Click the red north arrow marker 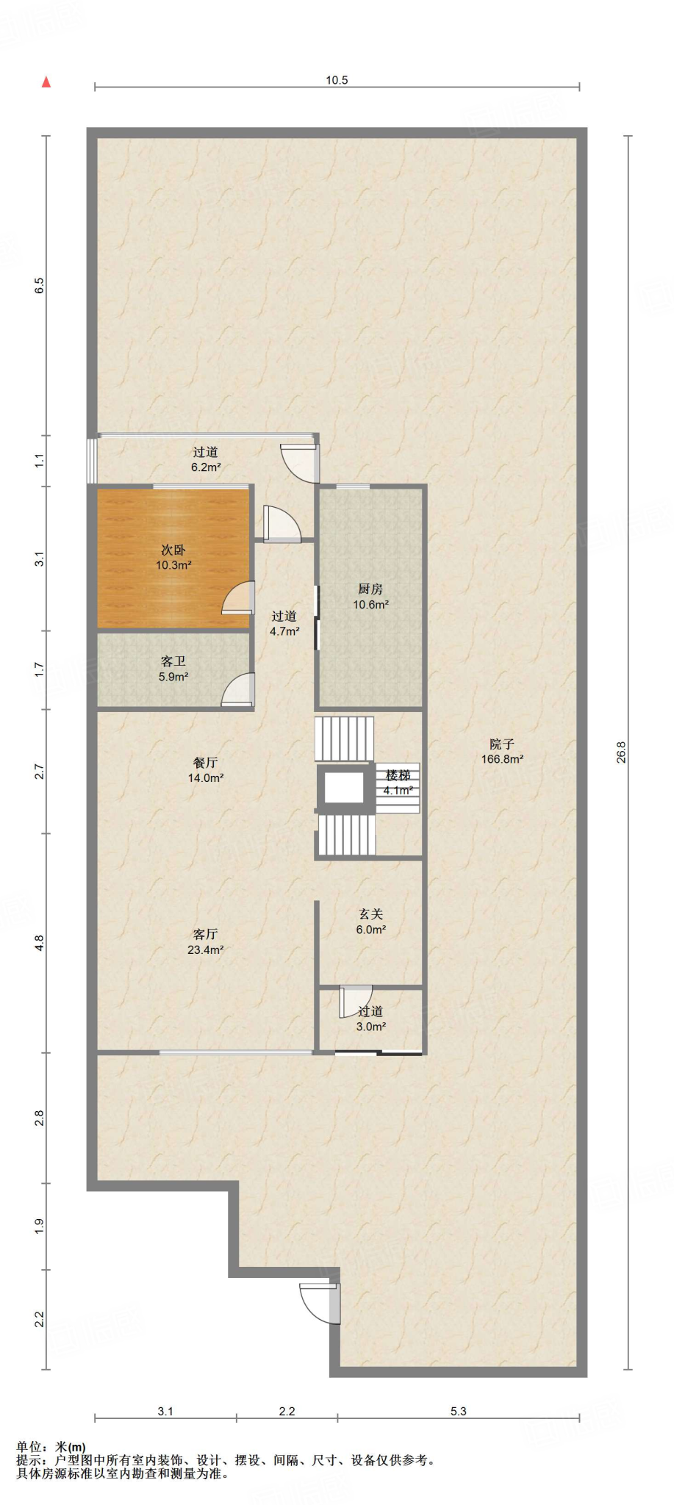click(46, 82)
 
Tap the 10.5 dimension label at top click(337, 80)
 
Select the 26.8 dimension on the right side click(621, 752)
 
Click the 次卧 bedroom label click(173, 550)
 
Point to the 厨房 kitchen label click(370, 589)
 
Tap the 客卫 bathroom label click(173, 661)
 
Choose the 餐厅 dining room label click(205, 763)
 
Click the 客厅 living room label click(205, 934)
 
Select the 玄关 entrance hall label click(370, 914)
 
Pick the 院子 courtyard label click(502, 744)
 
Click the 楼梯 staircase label click(398, 775)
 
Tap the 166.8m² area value click(502, 760)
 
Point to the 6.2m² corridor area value click(206, 467)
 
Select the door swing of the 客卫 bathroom click(237, 689)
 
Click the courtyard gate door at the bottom click(322, 1304)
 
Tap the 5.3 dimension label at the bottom click(458, 1411)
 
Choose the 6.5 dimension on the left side click(40, 285)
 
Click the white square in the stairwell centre click(344, 787)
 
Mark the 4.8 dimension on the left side click(40, 943)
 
